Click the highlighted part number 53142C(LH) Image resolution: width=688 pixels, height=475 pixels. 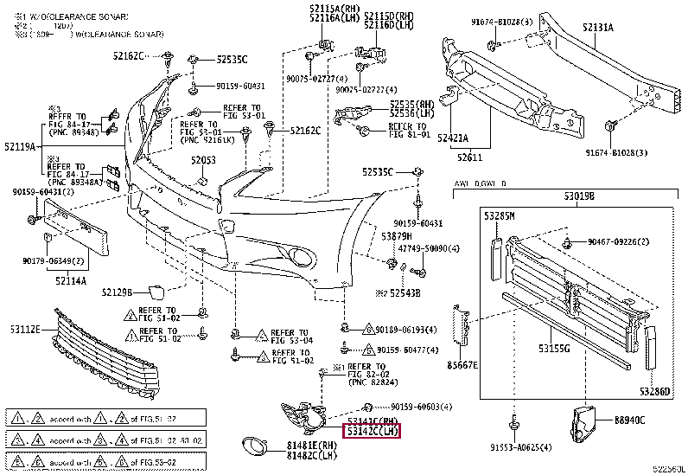[x=373, y=429]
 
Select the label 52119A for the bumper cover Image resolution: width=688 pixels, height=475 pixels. [x=18, y=148]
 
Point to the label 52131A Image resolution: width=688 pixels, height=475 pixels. [x=597, y=28]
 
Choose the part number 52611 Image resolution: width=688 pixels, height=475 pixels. [x=470, y=158]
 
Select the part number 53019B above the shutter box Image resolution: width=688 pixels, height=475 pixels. [x=580, y=196]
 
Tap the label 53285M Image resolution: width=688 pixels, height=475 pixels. [x=499, y=215]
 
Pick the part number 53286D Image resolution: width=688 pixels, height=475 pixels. [x=654, y=391]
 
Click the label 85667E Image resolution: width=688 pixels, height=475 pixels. [x=463, y=365]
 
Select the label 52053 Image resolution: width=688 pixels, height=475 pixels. [x=203, y=161]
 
